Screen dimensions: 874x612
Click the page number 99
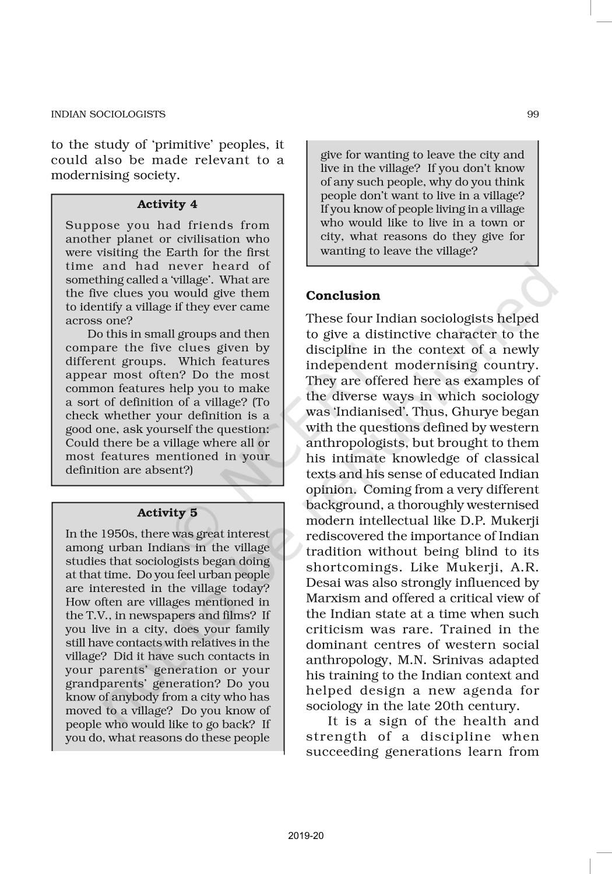533,114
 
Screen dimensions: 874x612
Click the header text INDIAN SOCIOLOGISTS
108,114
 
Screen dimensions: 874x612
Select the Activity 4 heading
167,204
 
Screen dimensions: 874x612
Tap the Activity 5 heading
167,513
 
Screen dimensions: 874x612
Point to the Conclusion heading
343,295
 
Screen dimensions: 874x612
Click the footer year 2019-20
306,836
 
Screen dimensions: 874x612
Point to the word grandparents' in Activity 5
101,683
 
